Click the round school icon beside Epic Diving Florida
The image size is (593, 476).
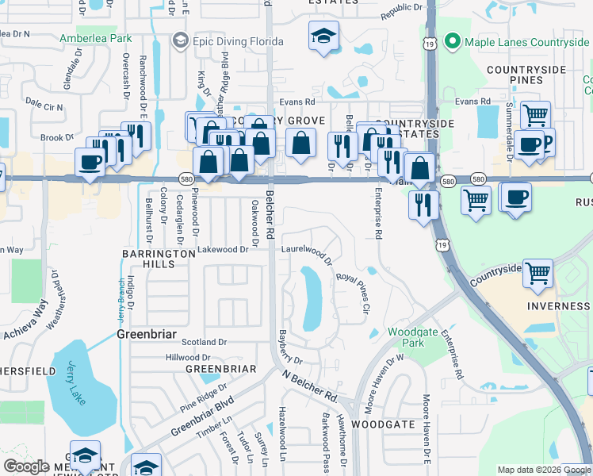[x=181, y=40]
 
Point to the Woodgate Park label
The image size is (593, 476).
[x=406, y=337]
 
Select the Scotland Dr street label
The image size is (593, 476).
[x=204, y=342]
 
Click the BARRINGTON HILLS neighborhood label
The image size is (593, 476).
[x=158, y=259]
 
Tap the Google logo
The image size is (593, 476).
[x=27, y=466]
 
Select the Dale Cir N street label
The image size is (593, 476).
[x=44, y=105]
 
